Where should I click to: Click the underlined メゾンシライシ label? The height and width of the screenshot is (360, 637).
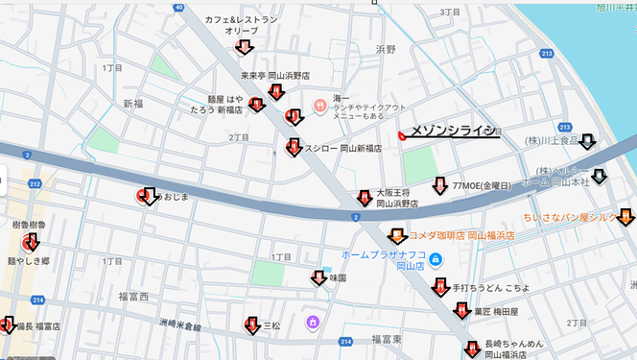click(x=453, y=131)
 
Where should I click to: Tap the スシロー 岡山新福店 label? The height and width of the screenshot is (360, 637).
click(x=342, y=149)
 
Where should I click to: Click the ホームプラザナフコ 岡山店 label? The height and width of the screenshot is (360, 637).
click(x=384, y=260)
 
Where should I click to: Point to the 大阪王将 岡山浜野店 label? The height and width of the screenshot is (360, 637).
click(x=396, y=198)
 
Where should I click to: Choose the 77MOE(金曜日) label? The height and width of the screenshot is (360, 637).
click(x=484, y=185)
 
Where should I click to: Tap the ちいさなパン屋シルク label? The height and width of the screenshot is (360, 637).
click(x=569, y=217)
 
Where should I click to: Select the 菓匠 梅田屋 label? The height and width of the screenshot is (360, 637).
click(x=496, y=311)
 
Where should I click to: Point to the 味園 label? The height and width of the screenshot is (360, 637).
click(x=337, y=277)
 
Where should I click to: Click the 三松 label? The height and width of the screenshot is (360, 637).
click(x=271, y=326)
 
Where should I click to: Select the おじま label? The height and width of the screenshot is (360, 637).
click(x=176, y=196)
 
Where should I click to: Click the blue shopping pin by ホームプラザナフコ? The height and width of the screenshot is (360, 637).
click(x=436, y=259)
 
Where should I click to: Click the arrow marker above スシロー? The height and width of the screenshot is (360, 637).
click(x=294, y=117)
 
